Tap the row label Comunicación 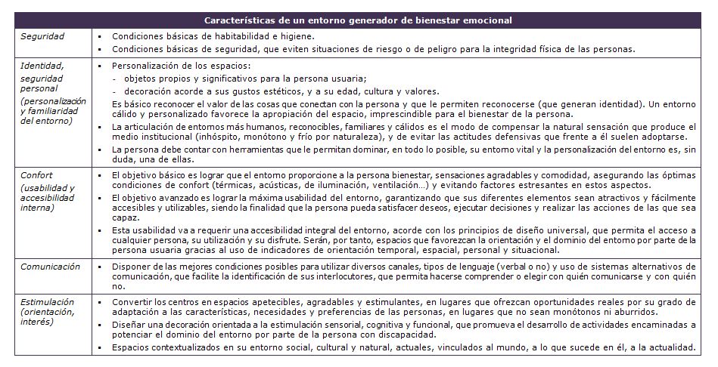51,267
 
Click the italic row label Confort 37,174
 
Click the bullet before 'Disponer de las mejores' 101,267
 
